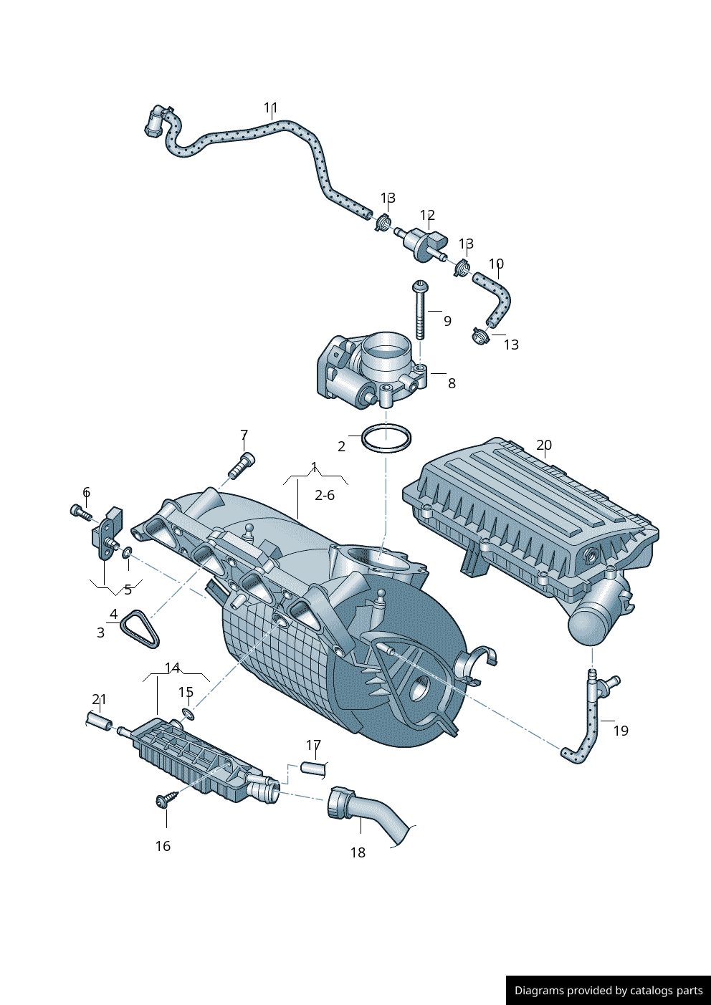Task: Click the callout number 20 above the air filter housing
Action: pyautogui.click(x=544, y=445)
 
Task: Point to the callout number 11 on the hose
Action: pyautogui.click(x=270, y=108)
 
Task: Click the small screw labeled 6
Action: pyautogui.click(x=80, y=511)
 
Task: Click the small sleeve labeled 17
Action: pyautogui.click(x=314, y=769)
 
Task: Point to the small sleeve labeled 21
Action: pyautogui.click(x=97, y=721)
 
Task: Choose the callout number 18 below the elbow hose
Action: pyautogui.click(x=358, y=852)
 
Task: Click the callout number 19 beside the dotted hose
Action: pyautogui.click(x=621, y=731)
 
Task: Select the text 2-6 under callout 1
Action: pyautogui.click(x=325, y=495)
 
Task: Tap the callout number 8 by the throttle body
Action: pyautogui.click(x=452, y=383)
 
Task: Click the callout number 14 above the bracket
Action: pyautogui.click(x=172, y=668)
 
